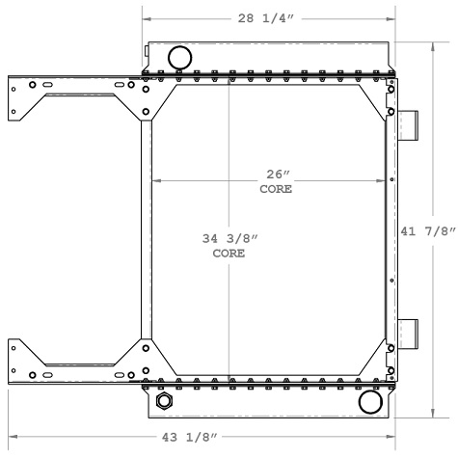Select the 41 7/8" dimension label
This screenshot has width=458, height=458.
[x=427, y=230]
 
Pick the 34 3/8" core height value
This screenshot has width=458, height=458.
[x=229, y=238]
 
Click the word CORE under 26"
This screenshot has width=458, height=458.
[x=276, y=189]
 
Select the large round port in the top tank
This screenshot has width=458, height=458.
[x=179, y=56]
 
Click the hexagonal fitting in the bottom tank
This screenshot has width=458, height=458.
[x=162, y=400]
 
